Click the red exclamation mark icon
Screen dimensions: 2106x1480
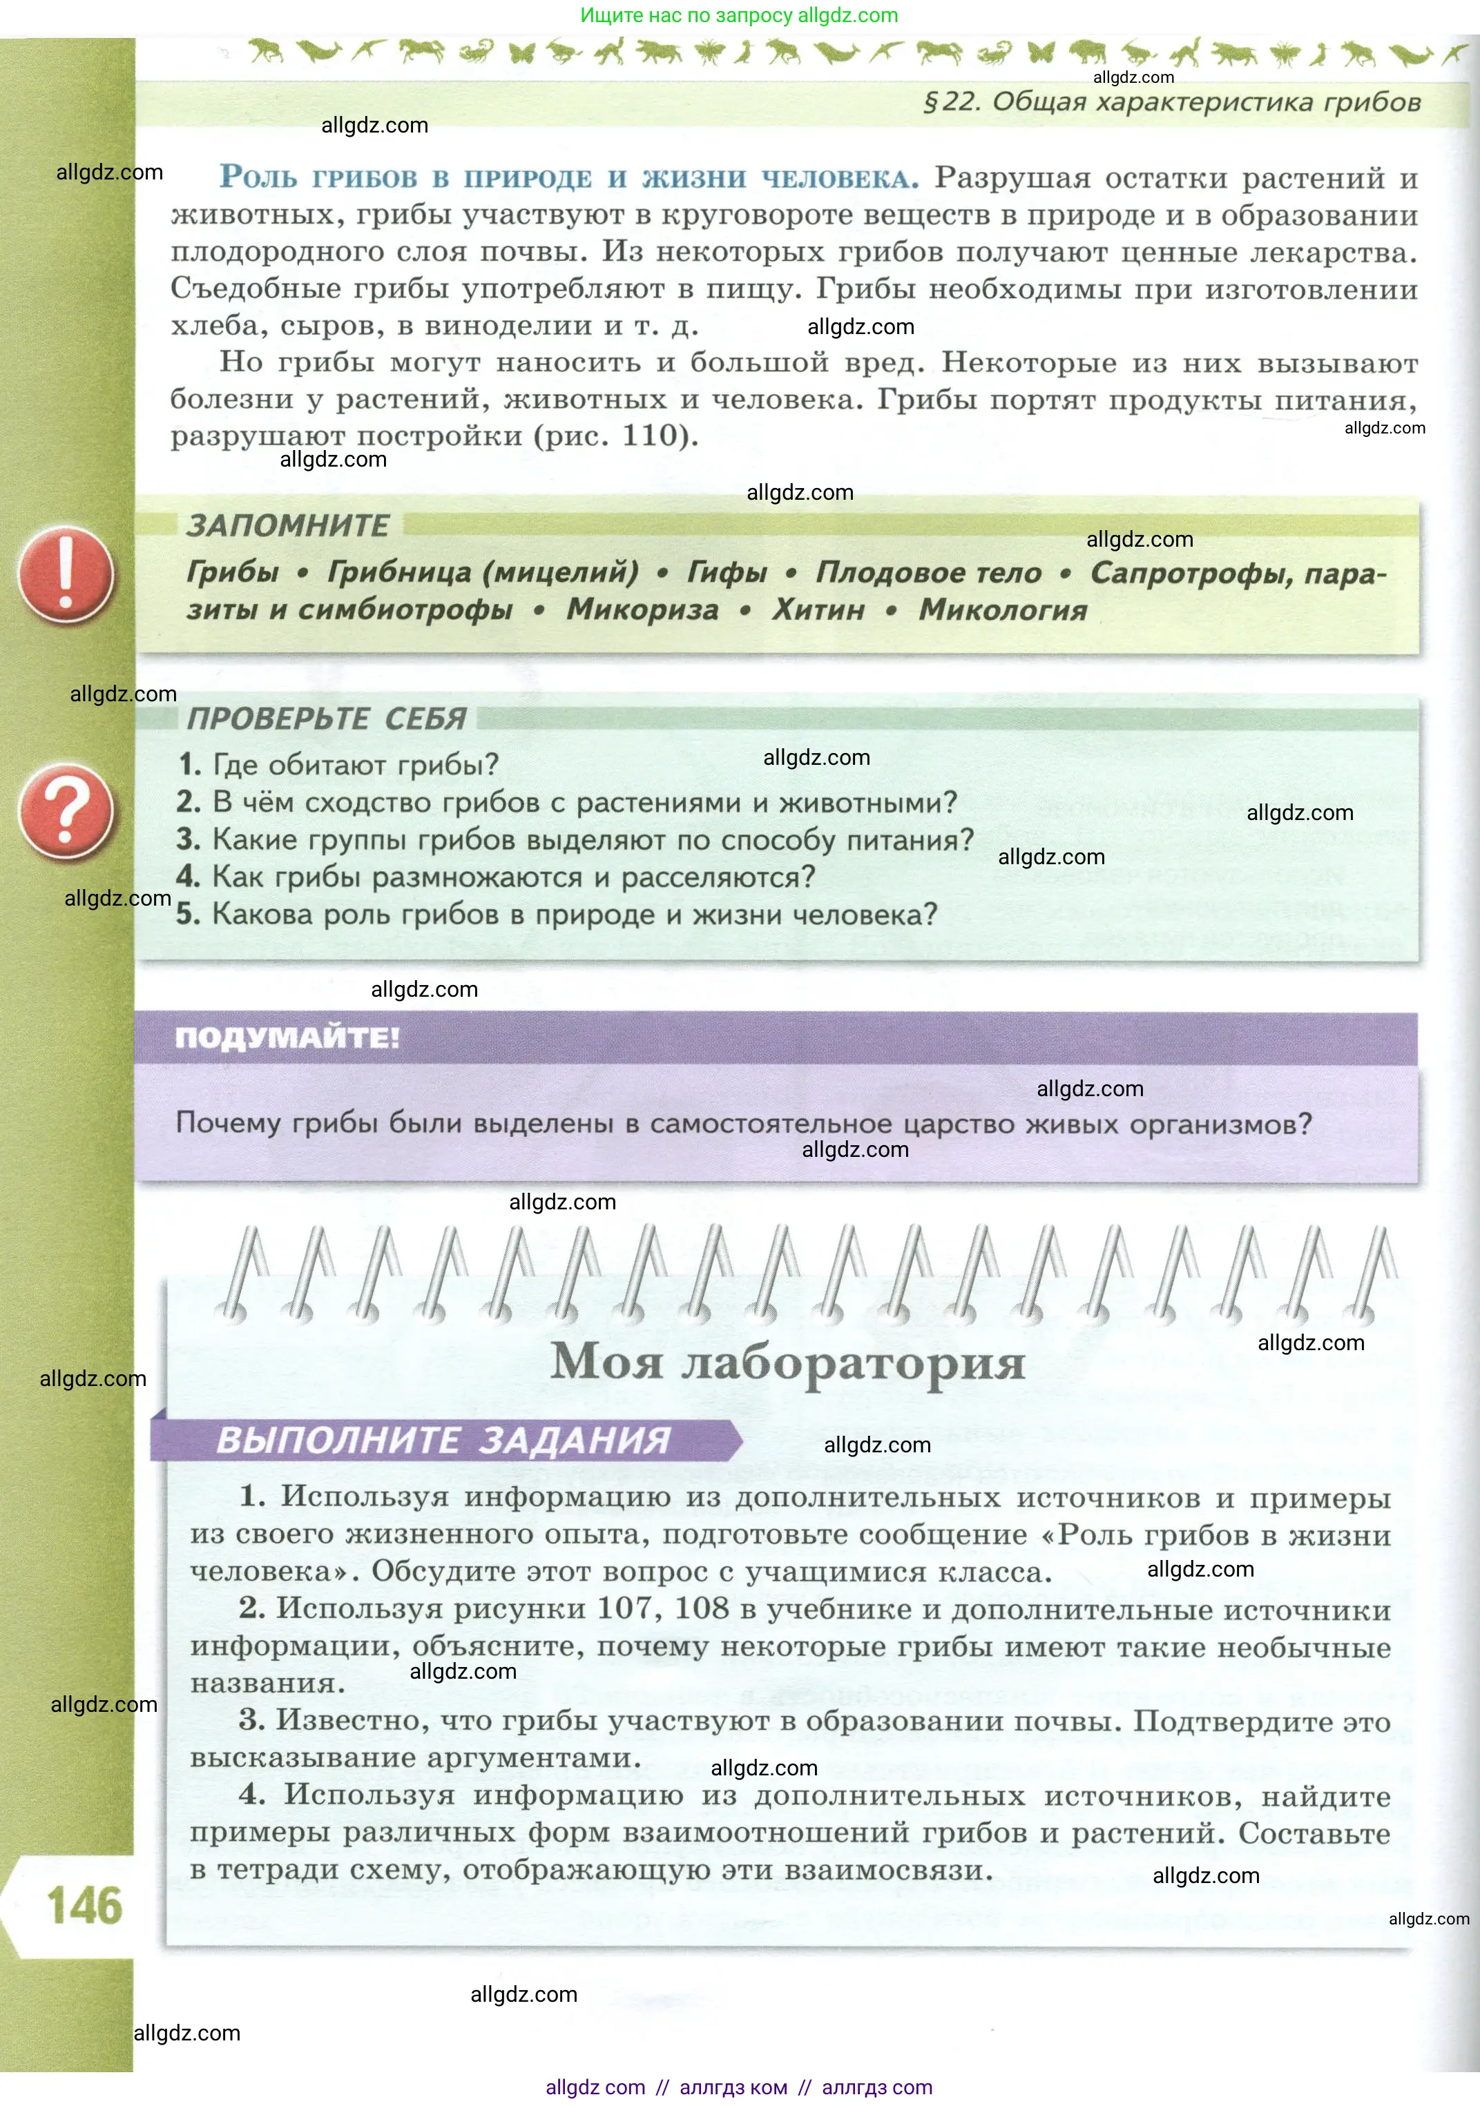pyautogui.click(x=66, y=574)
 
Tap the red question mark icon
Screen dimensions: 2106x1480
pyautogui.click(x=66, y=812)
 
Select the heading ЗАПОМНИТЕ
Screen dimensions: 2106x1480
pyautogui.click(x=288, y=525)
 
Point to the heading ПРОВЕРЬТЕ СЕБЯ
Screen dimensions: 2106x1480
pyautogui.click(x=327, y=718)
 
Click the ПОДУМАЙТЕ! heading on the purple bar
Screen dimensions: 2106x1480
pyautogui.click(x=287, y=1037)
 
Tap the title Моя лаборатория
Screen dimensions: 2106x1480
pyautogui.click(x=787, y=1361)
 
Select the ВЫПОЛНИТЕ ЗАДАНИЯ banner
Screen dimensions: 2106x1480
pyautogui.click(x=443, y=1440)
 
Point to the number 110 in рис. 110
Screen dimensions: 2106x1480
pyautogui.click(x=651, y=435)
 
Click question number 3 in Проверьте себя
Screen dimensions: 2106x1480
pyautogui.click(x=188, y=839)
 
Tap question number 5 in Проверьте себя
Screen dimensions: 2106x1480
pyautogui.click(x=188, y=915)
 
